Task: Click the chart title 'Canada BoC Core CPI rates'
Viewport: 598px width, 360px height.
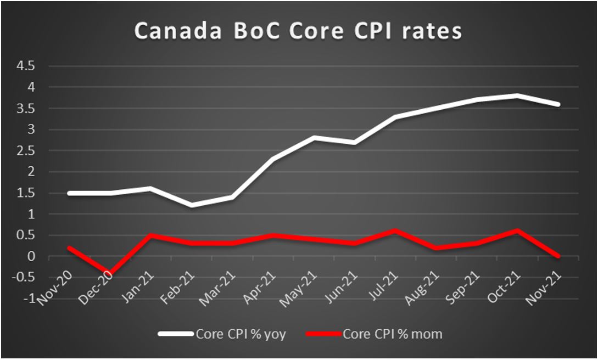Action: pyautogui.click(x=298, y=31)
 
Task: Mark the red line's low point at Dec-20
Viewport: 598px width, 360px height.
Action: pyautogui.click(x=110, y=274)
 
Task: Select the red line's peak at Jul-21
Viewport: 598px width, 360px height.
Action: pyautogui.click(x=395, y=231)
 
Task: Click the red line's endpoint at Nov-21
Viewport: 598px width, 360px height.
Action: pyautogui.click(x=558, y=256)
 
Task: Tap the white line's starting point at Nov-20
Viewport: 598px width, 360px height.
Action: pyautogui.click(x=69, y=193)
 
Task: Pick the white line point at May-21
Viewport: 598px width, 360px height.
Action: pyautogui.click(x=314, y=137)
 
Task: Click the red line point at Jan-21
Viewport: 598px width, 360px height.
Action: pyautogui.click(x=151, y=235)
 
